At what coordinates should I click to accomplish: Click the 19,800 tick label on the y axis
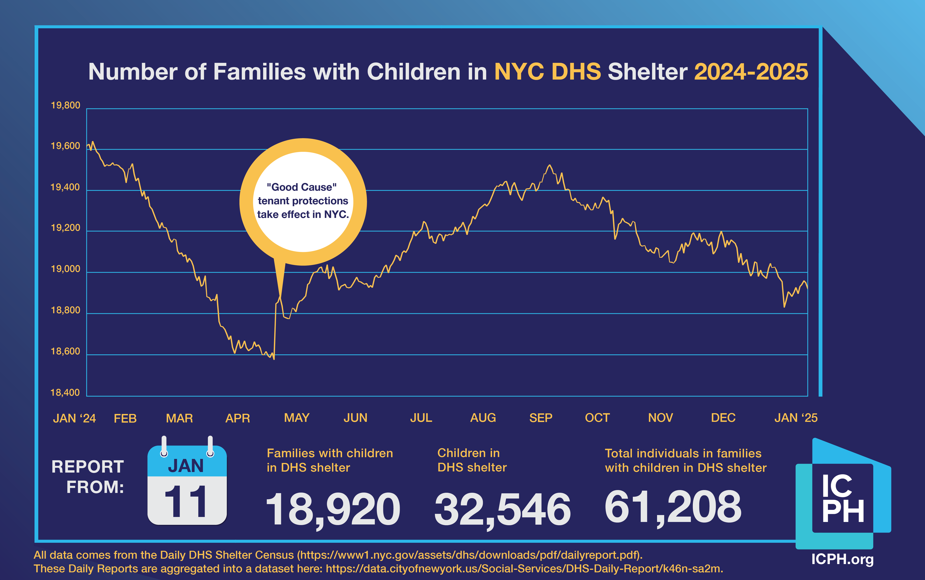pyautogui.click(x=66, y=106)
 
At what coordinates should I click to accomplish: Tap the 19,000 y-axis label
pyautogui.click(x=66, y=269)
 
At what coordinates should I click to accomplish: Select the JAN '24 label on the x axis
pyautogui.click(x=74, y=418)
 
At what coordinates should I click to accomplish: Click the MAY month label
pyautogui.click(x=297, y=418)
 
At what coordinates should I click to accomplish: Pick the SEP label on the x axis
pyautogui.click(x=541, y=418)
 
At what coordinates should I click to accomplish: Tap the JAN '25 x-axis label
pyautogui.click(x=796, y=418)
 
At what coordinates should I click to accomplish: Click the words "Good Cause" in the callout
pyautogui.click(x=302, y=187)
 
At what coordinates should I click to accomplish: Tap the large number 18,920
pyautogui.click(x=333, y=509)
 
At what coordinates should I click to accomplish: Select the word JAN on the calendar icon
pyautogui.click(x=186, y=466)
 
